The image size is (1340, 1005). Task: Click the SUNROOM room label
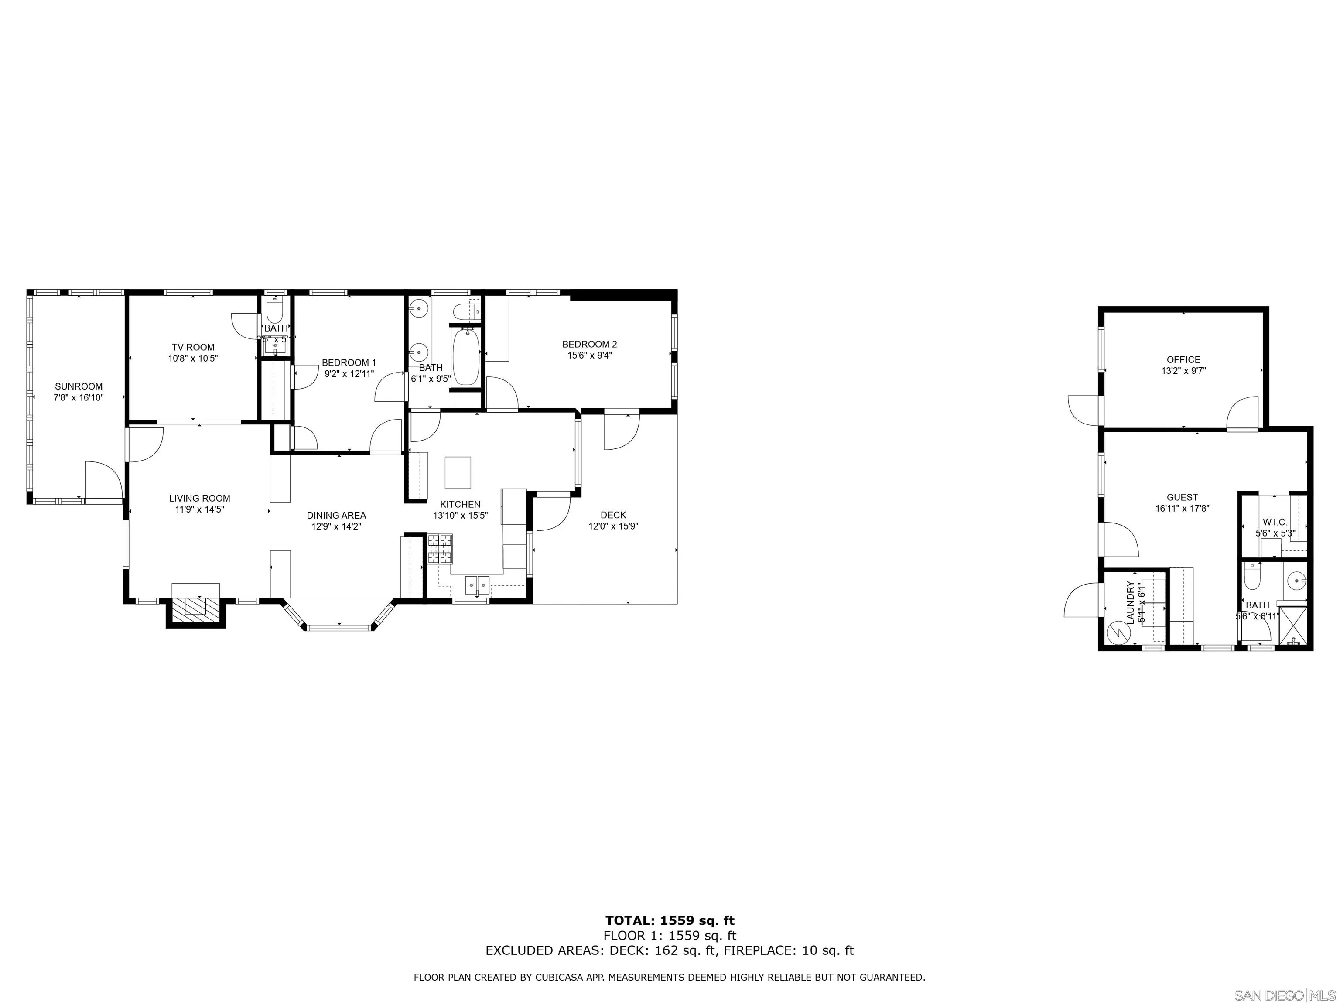[x=79, y=386]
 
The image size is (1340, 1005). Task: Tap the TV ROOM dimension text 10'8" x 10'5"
[x=193, y=359]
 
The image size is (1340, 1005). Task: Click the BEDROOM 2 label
[x=589, y=344]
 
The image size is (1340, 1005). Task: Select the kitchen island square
[x=458, y=472]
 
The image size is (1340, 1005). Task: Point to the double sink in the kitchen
[x=477, y=585]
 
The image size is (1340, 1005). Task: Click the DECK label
[x=613, y=515]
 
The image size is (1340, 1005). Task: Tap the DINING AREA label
[x=336, y=516]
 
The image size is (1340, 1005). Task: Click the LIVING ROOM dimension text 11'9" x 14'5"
[x=199, y=510]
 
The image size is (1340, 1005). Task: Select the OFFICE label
[x=1183, y=359]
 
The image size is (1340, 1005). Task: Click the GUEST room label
[x=1182, y=497]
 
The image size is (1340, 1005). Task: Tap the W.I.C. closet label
[x=1275, y=522]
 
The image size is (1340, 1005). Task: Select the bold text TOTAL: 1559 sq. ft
[x=670, y=921]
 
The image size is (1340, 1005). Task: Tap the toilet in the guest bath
[x=1251, y=575]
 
